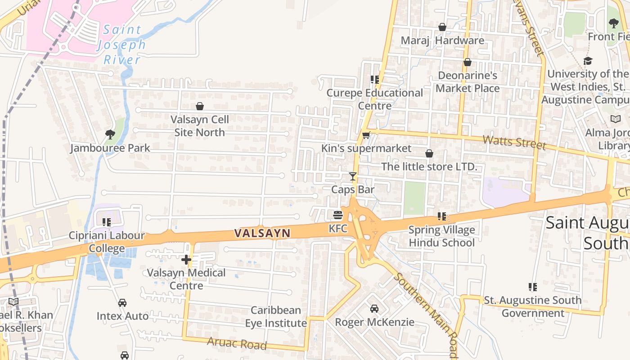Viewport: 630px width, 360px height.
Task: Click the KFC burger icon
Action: pos(338,215)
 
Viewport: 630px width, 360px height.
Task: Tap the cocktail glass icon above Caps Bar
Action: pos(353,176)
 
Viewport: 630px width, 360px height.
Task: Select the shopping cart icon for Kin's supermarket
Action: pos(366,135)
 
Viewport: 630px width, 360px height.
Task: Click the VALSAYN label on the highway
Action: pos(262,233)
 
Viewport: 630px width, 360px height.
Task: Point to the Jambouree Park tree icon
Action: pos(110,134)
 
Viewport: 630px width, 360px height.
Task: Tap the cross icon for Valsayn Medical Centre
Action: pos(186,259)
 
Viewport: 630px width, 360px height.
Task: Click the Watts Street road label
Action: pos(514,141)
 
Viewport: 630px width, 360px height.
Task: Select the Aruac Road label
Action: pos(237,343)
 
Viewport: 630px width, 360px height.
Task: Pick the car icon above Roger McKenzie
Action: pos(374,308)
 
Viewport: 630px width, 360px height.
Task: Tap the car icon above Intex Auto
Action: pos(122,302)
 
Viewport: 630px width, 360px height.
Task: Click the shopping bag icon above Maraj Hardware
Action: pos(442,27)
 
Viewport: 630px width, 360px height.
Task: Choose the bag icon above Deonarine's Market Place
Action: pos(468,62)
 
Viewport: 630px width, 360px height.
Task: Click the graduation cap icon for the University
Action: pos(588,61)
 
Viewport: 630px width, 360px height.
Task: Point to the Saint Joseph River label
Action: pos(122,45)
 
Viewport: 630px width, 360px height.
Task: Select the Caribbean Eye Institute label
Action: pos(276,316)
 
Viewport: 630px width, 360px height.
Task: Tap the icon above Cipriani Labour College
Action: pos(107,222)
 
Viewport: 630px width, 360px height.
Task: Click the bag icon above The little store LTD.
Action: pos(429,153)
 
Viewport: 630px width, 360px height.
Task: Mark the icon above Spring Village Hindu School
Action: pos(442,216)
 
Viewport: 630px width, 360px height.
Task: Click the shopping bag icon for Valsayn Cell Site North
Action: pos(199,106)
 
